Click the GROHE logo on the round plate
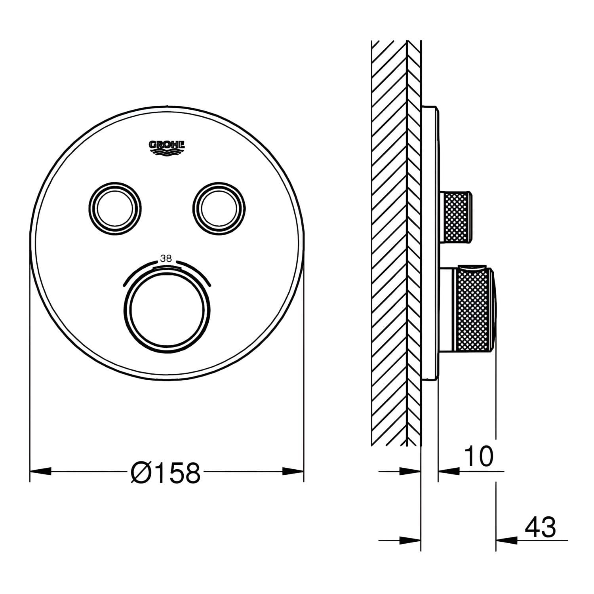click(x=167, y=147)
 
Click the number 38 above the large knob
click(x=166, y=259)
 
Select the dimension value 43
click(x=540, y=527)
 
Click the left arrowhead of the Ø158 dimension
click(x=41, y=471)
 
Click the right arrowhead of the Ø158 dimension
click(x=293, y=471)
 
